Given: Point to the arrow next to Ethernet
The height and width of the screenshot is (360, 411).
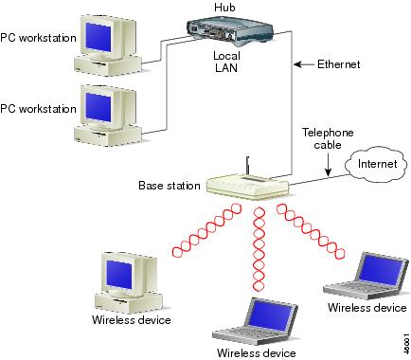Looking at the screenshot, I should pyautogui.click(x=303, y=64).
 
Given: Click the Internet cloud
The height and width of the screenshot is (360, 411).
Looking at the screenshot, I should pyautogui.click(x=370, y=165).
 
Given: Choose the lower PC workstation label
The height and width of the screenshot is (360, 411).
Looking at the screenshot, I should pyautogui.click(x=37, y=108).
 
